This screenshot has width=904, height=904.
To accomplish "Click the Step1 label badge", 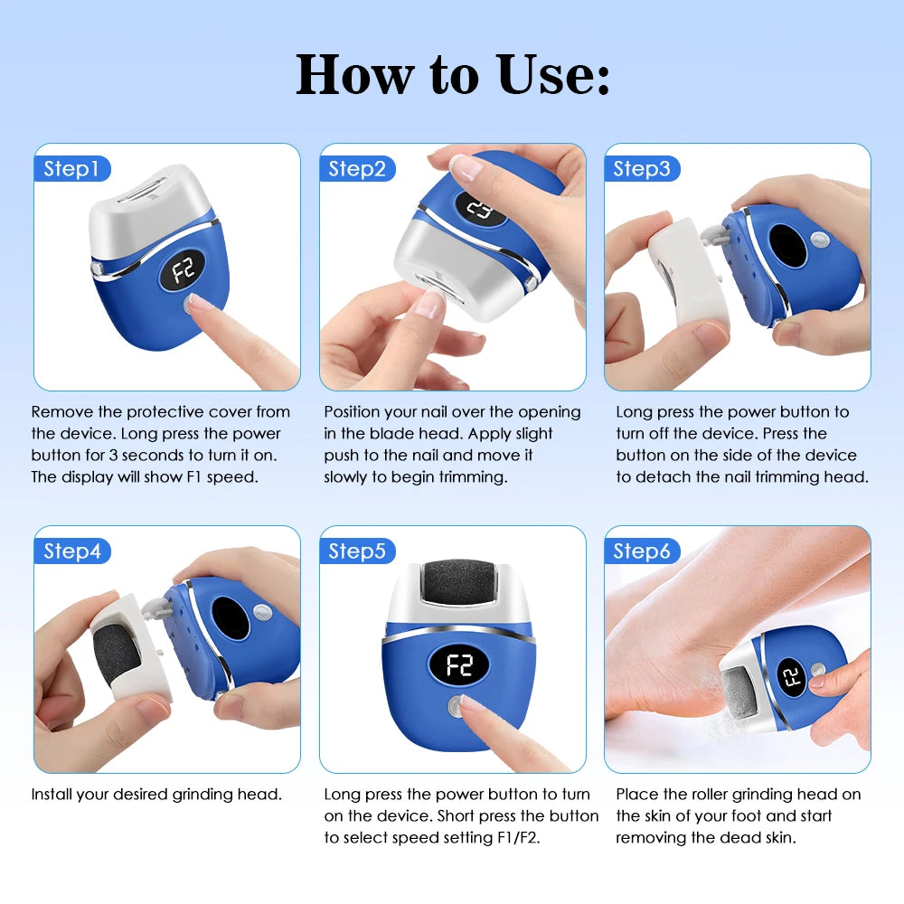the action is tap(72, 169).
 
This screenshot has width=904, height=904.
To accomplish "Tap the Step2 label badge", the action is tap(357, 169).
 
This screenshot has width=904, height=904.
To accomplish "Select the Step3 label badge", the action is tap(642, 169).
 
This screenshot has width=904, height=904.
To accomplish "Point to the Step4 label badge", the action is tap(72, 551).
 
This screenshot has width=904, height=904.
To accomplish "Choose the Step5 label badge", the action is tap(357, 551).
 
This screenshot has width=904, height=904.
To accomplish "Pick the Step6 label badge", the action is tap(642, 551).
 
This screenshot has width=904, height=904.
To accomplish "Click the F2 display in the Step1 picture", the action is tap(183, 269).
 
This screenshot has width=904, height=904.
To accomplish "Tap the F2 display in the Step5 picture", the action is tap(459, 664).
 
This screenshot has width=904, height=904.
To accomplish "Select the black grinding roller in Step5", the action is tap(459, 583).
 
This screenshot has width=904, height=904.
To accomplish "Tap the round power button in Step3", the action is tap(819, 239).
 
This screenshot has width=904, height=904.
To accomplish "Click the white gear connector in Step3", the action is tap(711, 235).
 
